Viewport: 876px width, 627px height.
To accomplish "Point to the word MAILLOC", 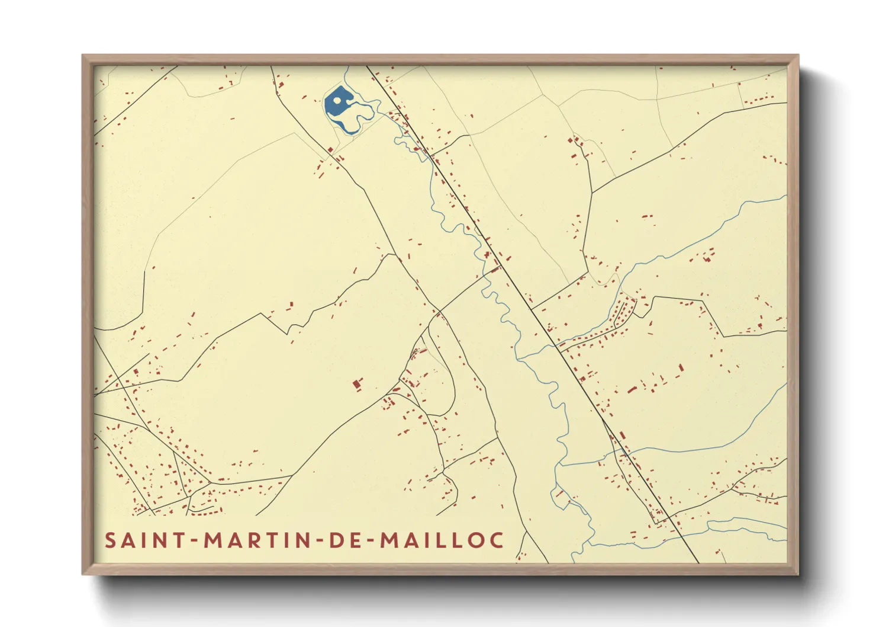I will (x=442, y=540).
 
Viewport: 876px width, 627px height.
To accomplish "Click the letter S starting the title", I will (x=111, y=540).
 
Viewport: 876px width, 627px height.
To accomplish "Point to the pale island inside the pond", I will (x=337, y=100).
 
